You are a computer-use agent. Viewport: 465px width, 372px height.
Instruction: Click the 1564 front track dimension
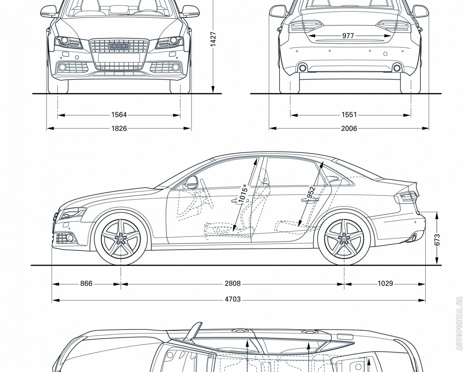tap(119, 115)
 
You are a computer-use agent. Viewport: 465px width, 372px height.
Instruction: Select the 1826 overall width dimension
tap(119, 128)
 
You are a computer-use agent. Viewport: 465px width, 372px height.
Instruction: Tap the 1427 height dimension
tap(213, 39)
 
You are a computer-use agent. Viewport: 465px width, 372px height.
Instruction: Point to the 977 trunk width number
tap(348, 36)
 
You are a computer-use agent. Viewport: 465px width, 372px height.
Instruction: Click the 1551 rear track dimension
tap(349, 115)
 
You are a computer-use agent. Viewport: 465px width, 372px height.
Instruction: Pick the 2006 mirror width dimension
tap(349, 128)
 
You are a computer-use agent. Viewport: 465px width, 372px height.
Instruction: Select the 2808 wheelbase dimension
tap(233, 283)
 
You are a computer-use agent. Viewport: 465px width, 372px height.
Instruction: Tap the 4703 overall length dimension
tap(233, 299)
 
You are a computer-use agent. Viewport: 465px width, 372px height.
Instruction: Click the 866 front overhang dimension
tap(86, 283)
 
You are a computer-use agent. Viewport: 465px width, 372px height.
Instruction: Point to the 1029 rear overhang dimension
tap(385, 283)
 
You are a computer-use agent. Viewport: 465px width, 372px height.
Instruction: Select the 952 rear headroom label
tap(311, 193)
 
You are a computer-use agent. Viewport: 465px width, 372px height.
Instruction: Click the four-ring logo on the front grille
tap(118, 46)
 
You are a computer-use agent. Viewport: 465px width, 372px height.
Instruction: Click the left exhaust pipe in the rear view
tap(302, 68)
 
